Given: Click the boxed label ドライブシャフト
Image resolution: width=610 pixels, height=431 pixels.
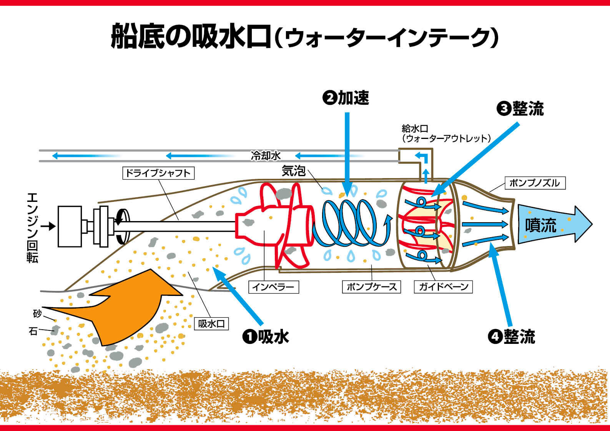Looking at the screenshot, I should tap(158, 173).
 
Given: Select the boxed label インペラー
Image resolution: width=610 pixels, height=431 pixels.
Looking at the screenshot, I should tap(273, 287).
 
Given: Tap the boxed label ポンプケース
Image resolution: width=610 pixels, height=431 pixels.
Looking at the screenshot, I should tap(371, 287).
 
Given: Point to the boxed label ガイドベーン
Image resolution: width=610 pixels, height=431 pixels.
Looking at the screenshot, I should tap(443, 287).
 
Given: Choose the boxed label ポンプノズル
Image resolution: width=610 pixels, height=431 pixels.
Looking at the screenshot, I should tap(534, 183).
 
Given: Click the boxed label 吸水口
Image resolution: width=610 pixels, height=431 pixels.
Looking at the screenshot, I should tap(211, 324).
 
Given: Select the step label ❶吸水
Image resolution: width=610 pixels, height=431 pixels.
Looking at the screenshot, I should tap(266, 337).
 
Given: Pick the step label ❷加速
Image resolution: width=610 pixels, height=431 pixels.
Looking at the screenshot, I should tap(346, 98).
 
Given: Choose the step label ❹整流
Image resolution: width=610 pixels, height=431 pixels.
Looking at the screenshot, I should tap(512, 337).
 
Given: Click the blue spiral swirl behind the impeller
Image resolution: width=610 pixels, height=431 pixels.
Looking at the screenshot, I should tap(350, 223).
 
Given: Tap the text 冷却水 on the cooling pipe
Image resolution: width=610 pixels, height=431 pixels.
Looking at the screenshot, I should tap(266, 156).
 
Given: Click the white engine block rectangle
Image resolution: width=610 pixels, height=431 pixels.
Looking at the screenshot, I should tap(70, 226).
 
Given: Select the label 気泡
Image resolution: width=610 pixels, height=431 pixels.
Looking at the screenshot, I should tap(294, 171).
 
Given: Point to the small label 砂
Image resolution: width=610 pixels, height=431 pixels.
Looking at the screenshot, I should tap(37, 314).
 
